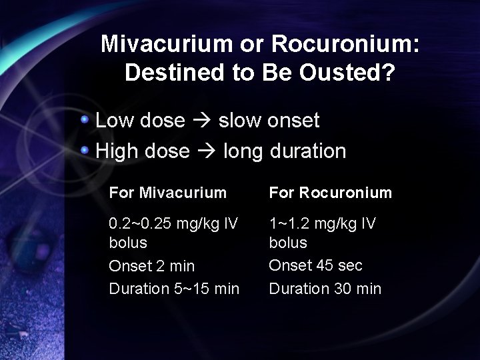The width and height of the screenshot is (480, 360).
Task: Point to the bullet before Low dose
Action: click(85, 119)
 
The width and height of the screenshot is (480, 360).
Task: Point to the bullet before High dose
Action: click(85, 150)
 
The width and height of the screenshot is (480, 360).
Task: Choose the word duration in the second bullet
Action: click(308, 151)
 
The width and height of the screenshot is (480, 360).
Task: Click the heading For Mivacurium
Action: click(168, 193)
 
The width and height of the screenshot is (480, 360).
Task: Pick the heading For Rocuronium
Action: click(331, 193)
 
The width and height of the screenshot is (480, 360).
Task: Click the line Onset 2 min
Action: click(152, 266)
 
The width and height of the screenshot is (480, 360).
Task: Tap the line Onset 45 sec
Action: click(316, 265)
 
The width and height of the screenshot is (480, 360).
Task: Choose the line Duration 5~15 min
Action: click(174, 289)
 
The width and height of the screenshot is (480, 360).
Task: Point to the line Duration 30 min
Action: click(325, 289)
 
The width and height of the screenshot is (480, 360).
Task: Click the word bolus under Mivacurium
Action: click(128, 242)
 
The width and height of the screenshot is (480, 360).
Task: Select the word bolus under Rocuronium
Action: click(288, 242)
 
